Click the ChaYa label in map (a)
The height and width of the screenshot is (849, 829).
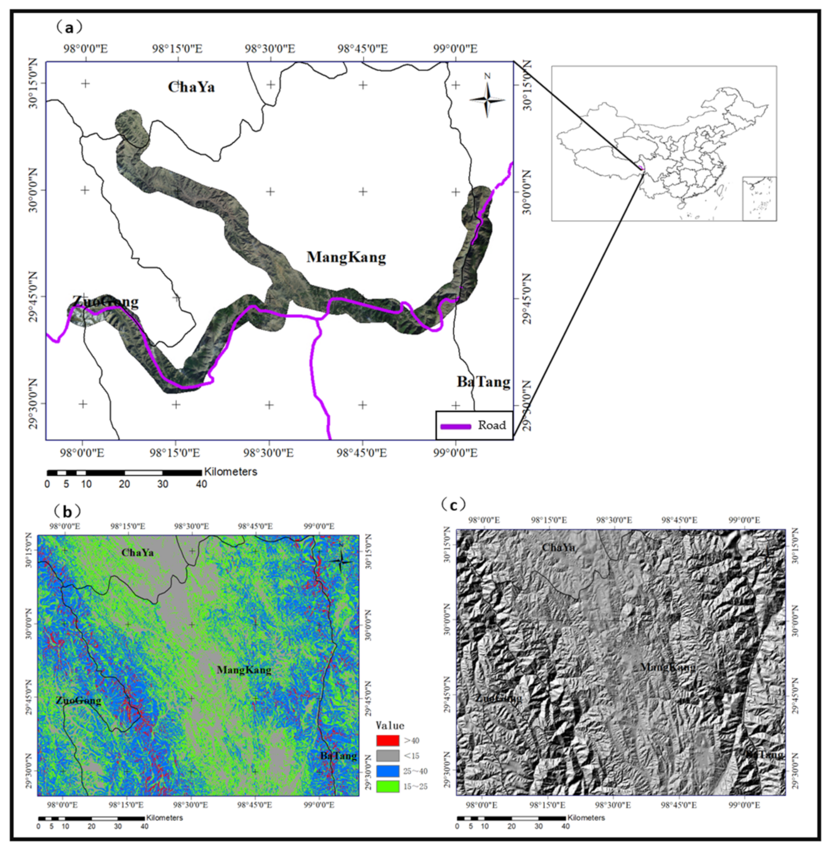191,87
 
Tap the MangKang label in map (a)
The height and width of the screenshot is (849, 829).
346,257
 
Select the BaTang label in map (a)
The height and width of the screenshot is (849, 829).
483,382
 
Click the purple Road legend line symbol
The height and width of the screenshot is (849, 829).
455,426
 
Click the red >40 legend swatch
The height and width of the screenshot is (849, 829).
387,741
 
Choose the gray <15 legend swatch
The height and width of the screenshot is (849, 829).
387,756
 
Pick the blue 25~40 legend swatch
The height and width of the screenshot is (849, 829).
387,771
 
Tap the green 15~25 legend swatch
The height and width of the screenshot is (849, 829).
387,786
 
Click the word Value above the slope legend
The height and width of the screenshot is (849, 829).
390,726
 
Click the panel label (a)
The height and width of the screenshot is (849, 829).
68,27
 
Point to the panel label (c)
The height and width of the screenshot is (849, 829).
453,504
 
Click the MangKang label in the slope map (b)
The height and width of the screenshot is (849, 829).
244,670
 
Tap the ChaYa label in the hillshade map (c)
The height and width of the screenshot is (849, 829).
558,548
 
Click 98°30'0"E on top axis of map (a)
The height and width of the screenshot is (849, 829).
270,49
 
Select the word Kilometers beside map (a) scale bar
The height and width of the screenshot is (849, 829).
230,472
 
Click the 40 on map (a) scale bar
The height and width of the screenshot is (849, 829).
201,484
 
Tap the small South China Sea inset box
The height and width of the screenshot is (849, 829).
759,199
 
